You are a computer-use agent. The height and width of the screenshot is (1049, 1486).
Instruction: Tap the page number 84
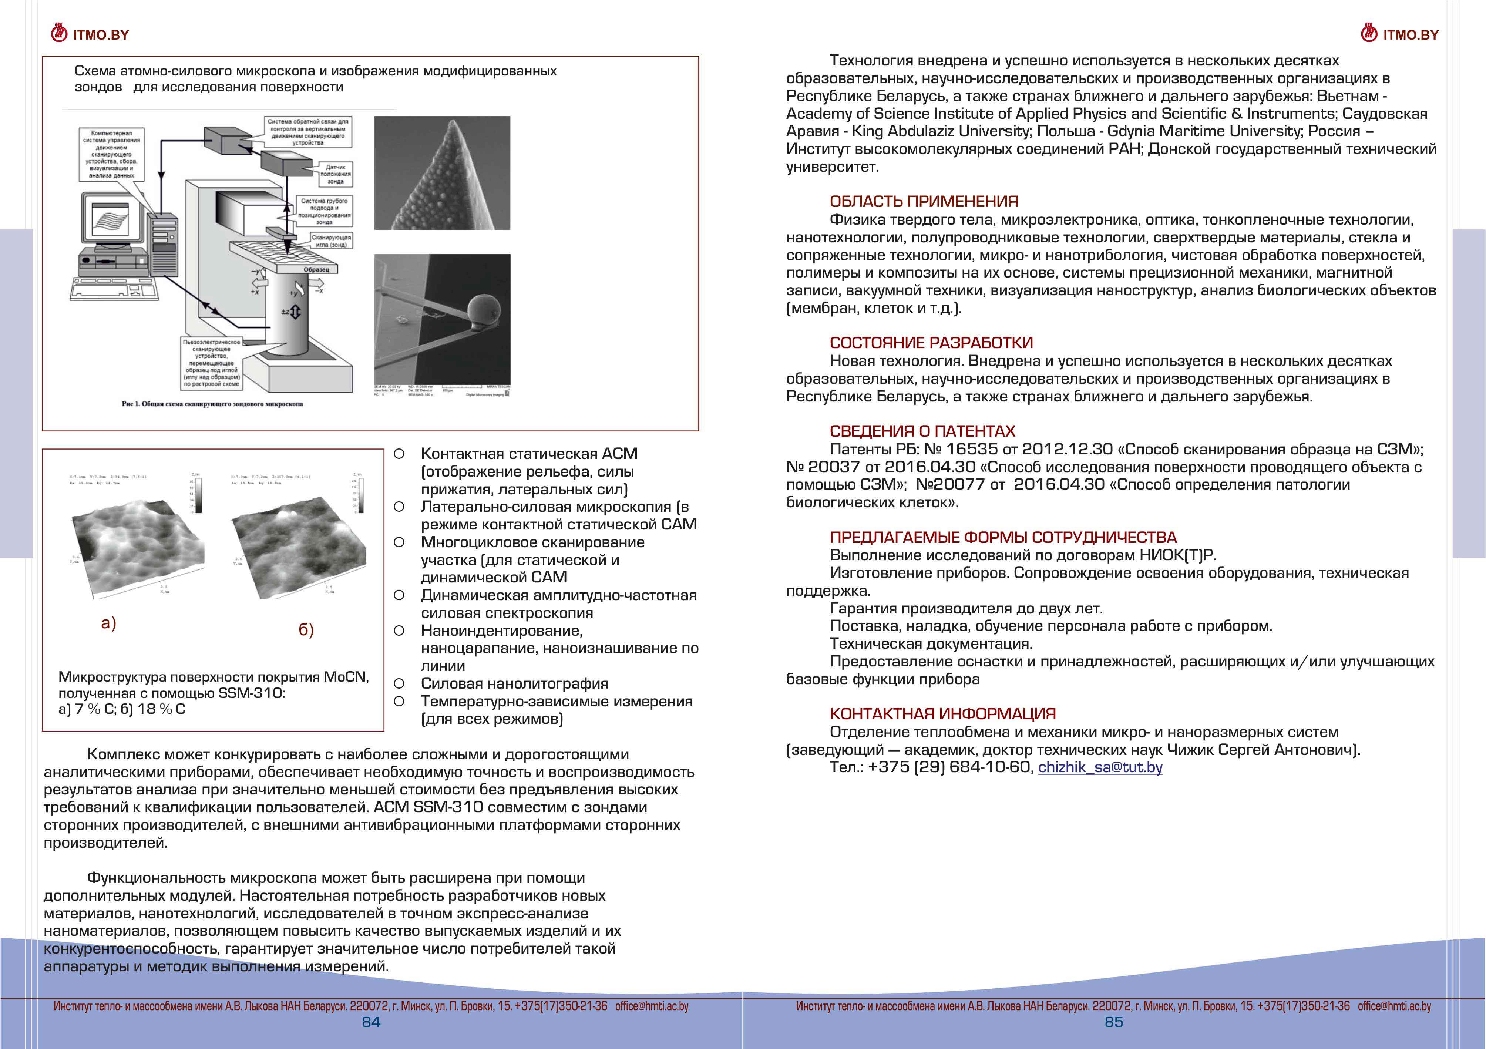tap(371, 1022)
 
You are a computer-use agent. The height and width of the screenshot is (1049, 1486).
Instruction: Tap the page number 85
tap(1113, 1022)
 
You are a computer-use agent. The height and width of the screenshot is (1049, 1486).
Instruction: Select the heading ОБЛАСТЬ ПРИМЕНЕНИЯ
tap(924, 201)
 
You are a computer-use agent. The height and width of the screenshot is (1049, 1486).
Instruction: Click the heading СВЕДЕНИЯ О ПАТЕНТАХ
tap(922, 431)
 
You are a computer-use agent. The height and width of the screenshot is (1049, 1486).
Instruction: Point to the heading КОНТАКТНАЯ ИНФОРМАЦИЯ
tap(942, 714)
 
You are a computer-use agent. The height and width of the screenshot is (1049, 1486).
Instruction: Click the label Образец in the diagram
tap(316, 270)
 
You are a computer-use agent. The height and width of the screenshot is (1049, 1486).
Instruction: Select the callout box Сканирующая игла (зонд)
tap(331, 241)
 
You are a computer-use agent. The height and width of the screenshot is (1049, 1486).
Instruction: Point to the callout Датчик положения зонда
tap(335, 174)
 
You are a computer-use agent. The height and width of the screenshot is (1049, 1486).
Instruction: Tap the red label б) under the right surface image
tap(306, 630)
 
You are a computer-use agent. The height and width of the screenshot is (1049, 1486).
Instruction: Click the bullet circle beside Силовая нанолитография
tap(399, 683)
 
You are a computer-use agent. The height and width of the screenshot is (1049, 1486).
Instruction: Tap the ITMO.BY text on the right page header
tap(1411, 35)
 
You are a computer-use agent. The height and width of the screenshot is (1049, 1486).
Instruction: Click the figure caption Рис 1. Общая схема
tap(212, 404)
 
